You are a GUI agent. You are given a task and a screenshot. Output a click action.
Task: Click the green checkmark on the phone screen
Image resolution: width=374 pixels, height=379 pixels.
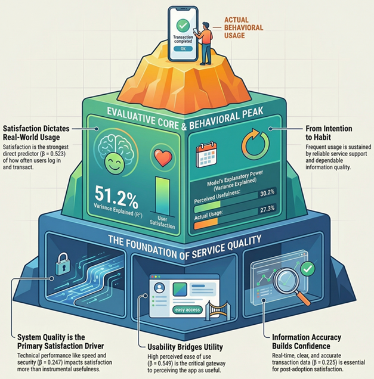pyautogui.click(x=183, y=25)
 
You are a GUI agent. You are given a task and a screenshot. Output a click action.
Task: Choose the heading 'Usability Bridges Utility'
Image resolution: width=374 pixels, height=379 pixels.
pyautogui.click(x=188, y=346)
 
